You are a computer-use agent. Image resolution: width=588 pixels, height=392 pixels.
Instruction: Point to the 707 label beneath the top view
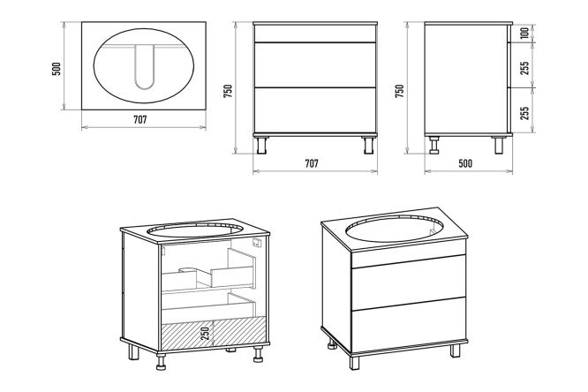pyautogui.click(x=139, y=119)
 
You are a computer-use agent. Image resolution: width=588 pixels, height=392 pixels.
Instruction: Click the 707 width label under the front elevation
pyautogui.click(x=313, y=163)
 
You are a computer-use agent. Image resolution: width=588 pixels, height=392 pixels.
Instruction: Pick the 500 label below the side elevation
pyautogui.click(x=465, y=163)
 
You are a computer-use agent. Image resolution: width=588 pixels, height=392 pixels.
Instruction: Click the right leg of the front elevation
pyautogui.click(x=366, y=143)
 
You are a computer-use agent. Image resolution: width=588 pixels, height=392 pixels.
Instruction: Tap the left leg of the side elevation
pyautogui.click(x=433, y=143)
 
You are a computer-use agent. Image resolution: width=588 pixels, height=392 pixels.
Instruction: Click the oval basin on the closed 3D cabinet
pyautogui.click(x=396, y=233)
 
